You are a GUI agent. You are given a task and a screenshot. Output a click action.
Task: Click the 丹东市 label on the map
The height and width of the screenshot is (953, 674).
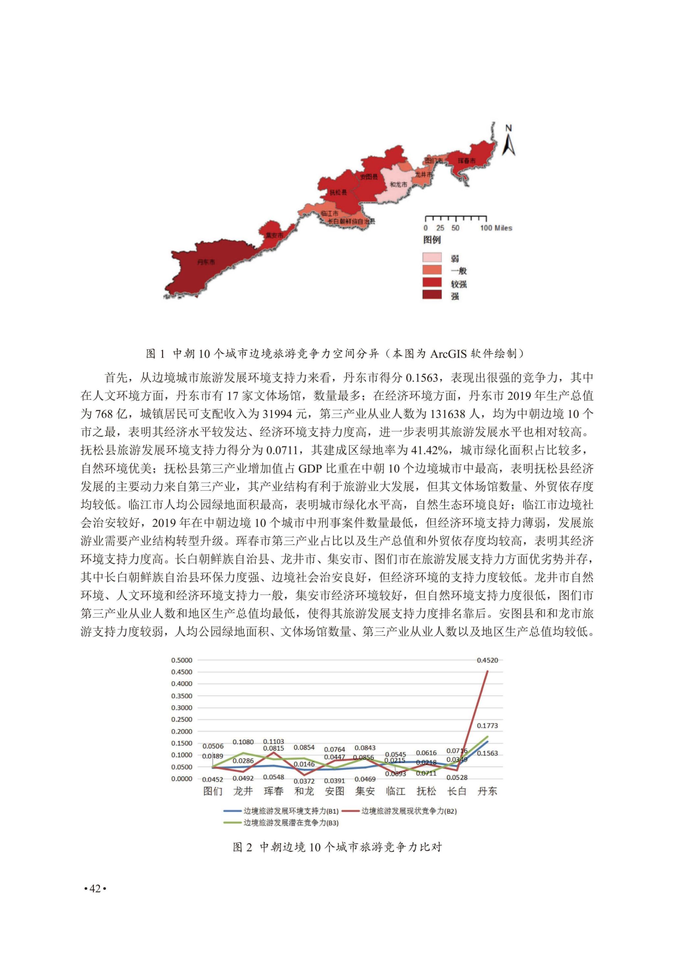pos(206,262)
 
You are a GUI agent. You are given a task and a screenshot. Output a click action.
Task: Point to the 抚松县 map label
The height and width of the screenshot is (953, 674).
pos(338,193)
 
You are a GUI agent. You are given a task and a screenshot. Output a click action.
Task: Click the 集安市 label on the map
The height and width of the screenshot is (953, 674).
pos(275,235)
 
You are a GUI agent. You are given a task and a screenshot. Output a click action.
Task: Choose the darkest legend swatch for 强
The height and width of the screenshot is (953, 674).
pos(432,295)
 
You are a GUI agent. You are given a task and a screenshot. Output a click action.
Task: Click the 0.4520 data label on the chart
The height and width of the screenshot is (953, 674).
pos(487,660)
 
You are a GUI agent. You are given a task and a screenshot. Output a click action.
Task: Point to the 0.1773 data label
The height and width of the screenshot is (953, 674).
pos(487,726)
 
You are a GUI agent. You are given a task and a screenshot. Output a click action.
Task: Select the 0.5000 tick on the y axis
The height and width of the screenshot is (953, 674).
pos(182,660)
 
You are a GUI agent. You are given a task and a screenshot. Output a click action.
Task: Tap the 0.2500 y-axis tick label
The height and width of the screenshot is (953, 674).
pos(182,719)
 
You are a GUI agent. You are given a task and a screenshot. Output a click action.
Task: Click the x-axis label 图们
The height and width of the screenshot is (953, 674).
pos(213,791)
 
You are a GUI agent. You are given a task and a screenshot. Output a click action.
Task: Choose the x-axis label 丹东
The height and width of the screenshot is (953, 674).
pos(487,791)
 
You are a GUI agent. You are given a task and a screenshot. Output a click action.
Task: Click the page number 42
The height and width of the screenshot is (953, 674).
pos(95,888)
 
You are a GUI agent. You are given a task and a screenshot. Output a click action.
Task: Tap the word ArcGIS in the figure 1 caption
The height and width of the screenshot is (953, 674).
pos(450,354)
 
